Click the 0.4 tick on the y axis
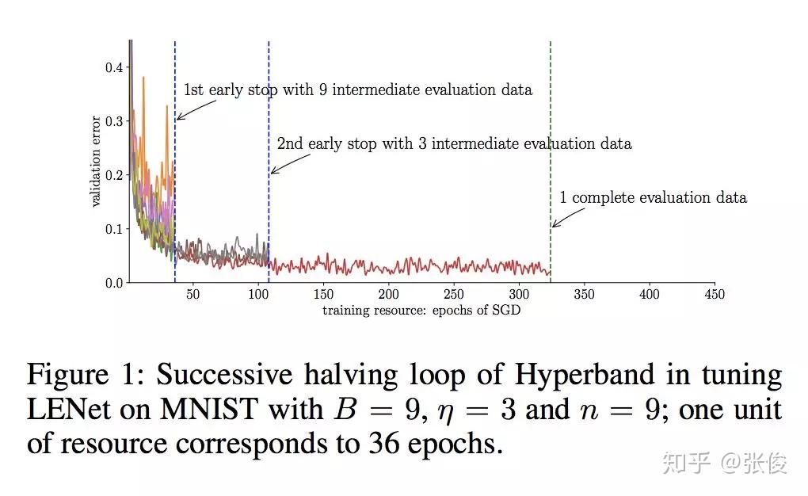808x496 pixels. pyautogui.click(x=115, y=67)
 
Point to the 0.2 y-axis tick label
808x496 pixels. pyautogui.click(x=115, y=175)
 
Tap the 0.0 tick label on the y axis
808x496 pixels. pyautogui.click(x=115, y=283)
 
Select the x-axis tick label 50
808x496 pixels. pyautogui.click(x=192, y=295)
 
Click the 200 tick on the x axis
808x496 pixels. pyautogui.click(x=388, y=295)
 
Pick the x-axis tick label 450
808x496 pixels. pyautogui.click(x=714, y=295)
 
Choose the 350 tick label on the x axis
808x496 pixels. pyautogui.click(x=584, y=295)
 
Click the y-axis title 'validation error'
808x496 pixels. pyautogui.click(x=96, y=162)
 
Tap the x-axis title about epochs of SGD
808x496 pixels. pyautogui.click(x=421, y=310)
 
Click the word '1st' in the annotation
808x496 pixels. pyautogui.click(x=194, y=90)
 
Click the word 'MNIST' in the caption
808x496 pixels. pyautogui.click(x=215, y=410)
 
